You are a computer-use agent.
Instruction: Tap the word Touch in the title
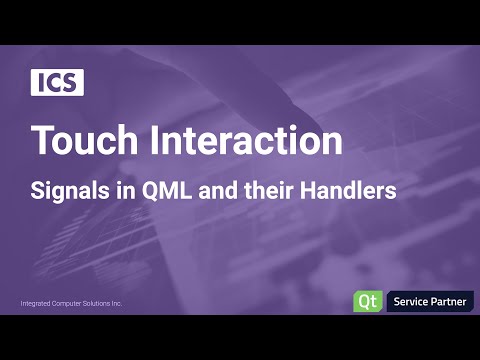pos(78,141)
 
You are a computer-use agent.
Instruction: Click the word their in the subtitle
pos(276,190)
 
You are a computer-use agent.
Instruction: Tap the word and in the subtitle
pos(225,190)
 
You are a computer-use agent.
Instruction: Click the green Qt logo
pos(365,300)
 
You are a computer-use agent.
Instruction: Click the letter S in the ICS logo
pos(72,83)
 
